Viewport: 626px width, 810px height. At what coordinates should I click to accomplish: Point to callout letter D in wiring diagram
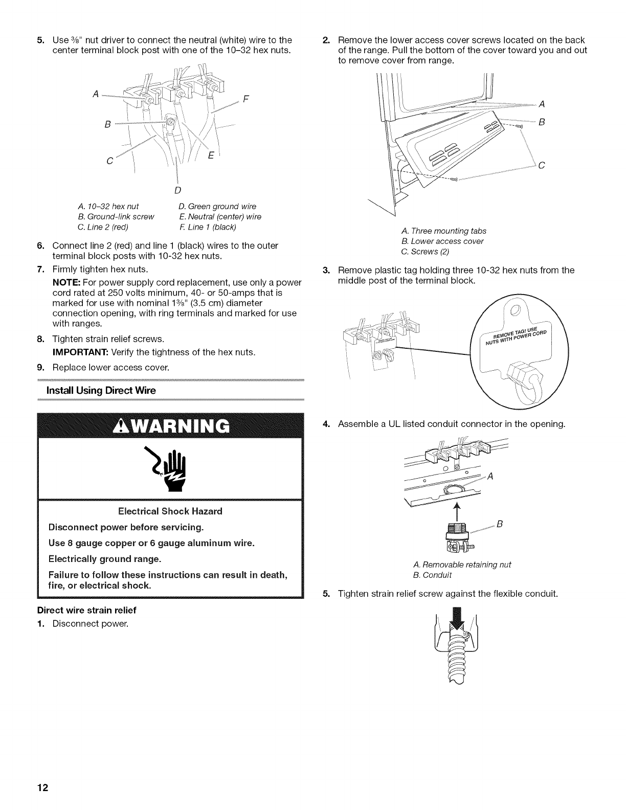(177, 191)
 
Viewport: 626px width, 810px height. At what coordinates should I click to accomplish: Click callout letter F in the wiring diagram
(245, 100)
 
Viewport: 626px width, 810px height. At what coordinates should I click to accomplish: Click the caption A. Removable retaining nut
(462, 565)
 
